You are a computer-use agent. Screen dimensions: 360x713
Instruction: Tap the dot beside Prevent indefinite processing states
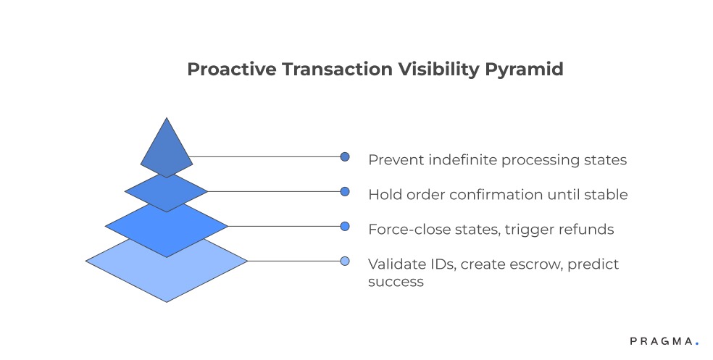point(345,156)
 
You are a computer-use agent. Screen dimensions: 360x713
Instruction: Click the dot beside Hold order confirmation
point(345,191)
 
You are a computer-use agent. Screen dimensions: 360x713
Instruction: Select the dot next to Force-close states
point(345,226)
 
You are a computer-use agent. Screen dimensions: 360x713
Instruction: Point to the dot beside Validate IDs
point(345,261)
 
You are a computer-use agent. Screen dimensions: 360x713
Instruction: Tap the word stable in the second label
point(607,194)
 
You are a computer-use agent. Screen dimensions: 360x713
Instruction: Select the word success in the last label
point(396,282)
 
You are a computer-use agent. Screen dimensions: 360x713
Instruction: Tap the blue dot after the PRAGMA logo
point(697,343)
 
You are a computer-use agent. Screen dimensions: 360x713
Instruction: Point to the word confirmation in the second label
point(503,194)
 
